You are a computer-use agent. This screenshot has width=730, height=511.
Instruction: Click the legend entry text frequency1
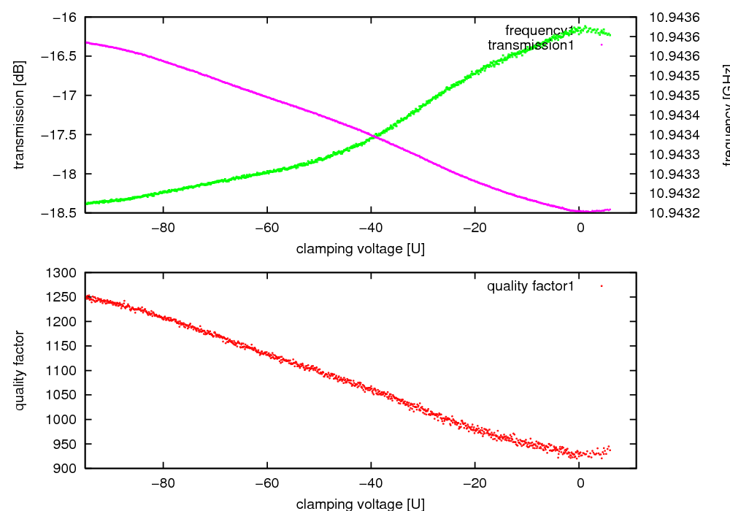tap(539, 31)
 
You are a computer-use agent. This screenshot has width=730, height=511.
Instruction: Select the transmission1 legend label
tap(531, 45)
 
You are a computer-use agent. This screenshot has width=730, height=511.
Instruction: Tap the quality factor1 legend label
tap(531, 286)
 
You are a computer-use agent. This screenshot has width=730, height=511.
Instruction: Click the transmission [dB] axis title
tap(20, 114)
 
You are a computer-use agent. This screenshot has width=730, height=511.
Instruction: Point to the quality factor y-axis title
tap(20, 370)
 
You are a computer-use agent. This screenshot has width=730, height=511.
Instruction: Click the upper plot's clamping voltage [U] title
tap(361, 249)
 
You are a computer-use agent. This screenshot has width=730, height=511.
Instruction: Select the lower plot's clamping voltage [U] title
tap(361, 504)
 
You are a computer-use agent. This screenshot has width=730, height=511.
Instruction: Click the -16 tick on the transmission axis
tap(69, 17)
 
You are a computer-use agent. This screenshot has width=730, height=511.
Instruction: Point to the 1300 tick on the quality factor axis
tap(65, 272)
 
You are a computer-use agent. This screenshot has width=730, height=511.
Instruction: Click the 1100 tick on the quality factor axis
tap(65, 370)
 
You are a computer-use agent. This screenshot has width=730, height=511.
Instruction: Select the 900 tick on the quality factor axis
tap(68, 468)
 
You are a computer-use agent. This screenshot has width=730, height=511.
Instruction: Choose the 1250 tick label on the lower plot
tap(65, 297)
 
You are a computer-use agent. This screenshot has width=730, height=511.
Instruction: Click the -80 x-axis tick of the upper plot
tap(162, 226)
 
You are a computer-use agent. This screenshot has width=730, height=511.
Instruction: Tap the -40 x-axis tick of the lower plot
tap(371, 483)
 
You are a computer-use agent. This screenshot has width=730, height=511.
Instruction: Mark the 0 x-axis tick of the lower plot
tap(580, 483)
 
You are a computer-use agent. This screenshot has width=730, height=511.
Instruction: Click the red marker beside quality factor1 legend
tap(601, 286)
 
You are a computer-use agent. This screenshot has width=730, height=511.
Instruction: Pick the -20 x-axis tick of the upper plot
tap(474, 226)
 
